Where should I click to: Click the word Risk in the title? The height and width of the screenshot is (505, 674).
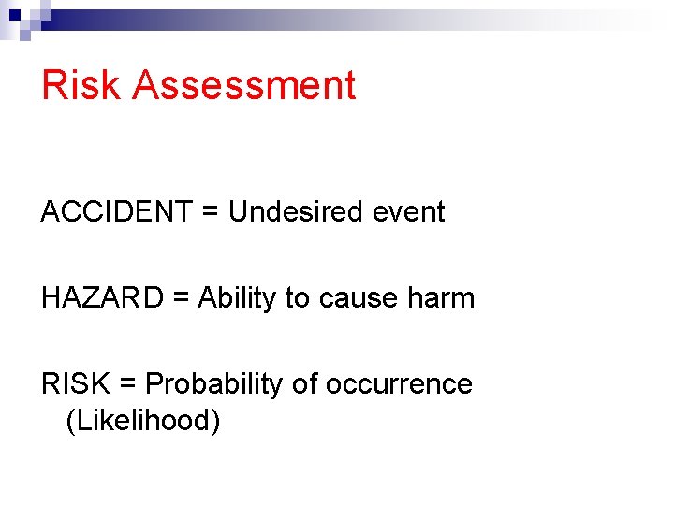(x=81, y=84)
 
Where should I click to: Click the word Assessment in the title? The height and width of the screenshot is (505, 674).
(x=244, y=84)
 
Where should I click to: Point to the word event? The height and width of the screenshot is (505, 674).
(x=409, y=212)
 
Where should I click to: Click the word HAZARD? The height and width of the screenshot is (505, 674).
(x=103, y=298)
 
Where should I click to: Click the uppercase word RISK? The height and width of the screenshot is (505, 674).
(x=74, y=384)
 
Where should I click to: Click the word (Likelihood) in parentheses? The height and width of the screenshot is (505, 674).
(x=143, y=421)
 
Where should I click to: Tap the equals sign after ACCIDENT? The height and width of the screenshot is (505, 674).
(x=207, y=213)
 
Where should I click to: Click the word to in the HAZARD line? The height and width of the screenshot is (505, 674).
(x=297, y=298)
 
